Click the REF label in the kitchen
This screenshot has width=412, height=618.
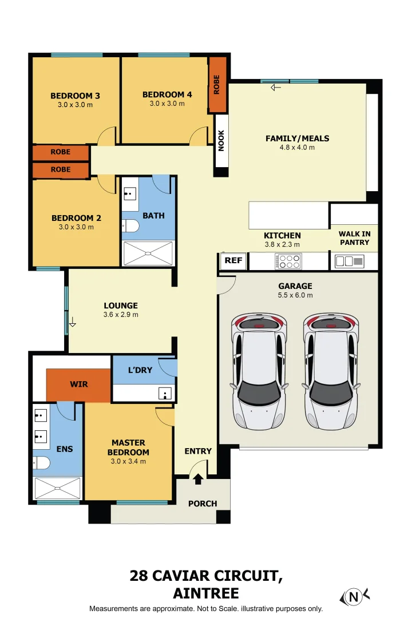pos(233,260)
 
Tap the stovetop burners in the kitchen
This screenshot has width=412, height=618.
pos(288,262)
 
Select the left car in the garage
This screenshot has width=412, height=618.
pos(259,371)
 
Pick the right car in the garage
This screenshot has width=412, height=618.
pos(331,371)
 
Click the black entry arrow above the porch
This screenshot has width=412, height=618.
pos(198,479)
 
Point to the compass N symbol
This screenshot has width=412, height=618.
pos(354,597)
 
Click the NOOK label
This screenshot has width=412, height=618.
pos(221,141)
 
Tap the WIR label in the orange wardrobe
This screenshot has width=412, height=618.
pos(79,385)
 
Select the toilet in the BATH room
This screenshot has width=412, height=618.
pos(130,226)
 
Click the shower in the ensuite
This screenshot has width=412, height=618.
pos(58,488)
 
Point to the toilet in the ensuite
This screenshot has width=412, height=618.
pos(41,463)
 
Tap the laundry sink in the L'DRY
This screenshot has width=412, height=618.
pos(165,393)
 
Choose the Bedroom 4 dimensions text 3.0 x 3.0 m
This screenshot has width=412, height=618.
pos(167,104)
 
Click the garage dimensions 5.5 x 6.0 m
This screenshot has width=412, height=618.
pos(295,295)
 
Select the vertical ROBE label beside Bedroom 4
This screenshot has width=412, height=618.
pos(216,84)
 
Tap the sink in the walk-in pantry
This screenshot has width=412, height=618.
pos(349,262)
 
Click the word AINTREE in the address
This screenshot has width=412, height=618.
pos(206,593)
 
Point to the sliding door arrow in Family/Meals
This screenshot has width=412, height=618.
pos(276,88)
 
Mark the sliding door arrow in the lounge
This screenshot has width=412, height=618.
pos(72,322)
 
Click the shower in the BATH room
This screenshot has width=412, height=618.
pos(148,253)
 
